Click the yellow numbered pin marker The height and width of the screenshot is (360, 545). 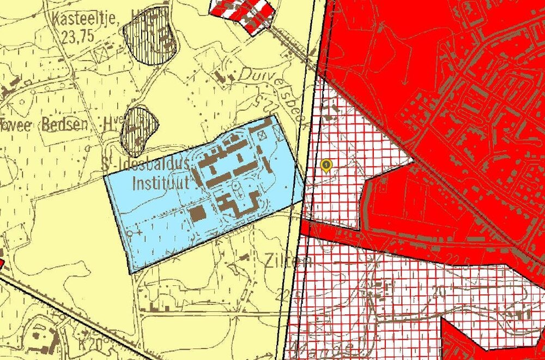click(x=326, y=164)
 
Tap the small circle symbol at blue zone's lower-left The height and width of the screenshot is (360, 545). click(x=130, y=233)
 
